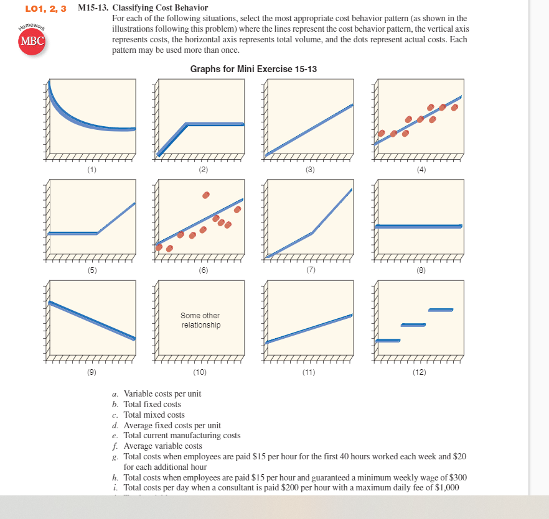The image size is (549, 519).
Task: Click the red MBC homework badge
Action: [32, 41]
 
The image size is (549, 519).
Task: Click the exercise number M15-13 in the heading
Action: [93, 8]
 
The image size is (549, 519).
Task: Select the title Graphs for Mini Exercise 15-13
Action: [253, 68]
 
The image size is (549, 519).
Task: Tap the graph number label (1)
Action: [92, 169]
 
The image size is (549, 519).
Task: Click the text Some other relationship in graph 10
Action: [200, 320]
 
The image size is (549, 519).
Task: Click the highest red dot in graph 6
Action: [206, 195]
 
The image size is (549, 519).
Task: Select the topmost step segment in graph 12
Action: [440, 310]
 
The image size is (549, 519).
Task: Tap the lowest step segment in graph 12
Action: [387, 340]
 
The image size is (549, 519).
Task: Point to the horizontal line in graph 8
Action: [418, 226]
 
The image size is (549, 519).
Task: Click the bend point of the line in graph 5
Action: [98, 233]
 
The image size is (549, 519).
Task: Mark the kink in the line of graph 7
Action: [312, 232]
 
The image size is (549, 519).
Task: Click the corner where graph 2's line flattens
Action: [187, 124]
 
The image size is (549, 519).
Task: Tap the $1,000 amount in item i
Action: [446, 487]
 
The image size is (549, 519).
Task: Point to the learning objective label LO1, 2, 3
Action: [45, 8]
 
